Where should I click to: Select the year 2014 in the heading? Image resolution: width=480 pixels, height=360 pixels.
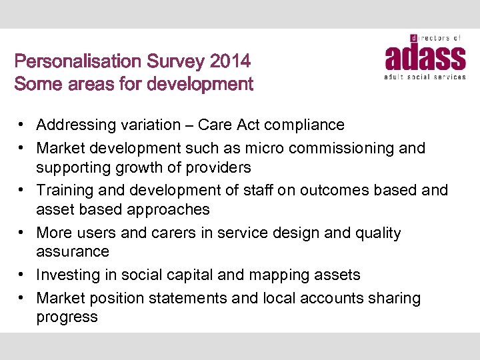pos(230,62)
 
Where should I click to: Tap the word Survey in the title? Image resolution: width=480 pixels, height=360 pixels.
pos(178,62)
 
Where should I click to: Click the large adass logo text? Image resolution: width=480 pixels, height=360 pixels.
pos(425,58)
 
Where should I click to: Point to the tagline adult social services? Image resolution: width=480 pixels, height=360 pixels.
pos(425,77)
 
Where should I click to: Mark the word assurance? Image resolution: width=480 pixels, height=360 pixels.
pos(72,251)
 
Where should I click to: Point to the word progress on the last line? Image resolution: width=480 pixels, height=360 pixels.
pos(67,317)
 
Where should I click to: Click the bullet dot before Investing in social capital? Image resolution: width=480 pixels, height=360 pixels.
pos(22,275)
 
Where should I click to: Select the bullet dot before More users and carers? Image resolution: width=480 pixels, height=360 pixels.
pos(22,233)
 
